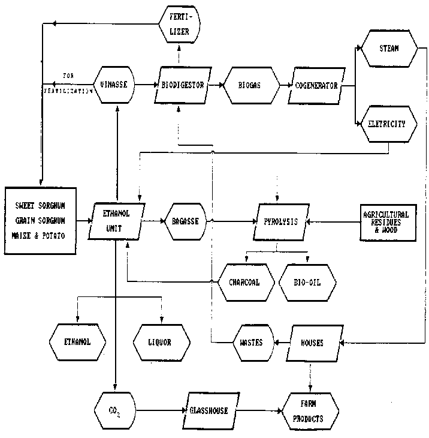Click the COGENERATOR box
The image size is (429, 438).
click(x=316, y=85)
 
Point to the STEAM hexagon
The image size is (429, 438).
click(x=389, y=48)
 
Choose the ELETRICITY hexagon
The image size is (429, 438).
click(x=389, y=124)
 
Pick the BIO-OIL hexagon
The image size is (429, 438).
click(x=307, y=281)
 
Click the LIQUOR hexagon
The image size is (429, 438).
click(x=161, y=343)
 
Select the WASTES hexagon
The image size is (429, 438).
click(x=251, y=343)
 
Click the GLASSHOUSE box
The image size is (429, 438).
click(x=210, y=411)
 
